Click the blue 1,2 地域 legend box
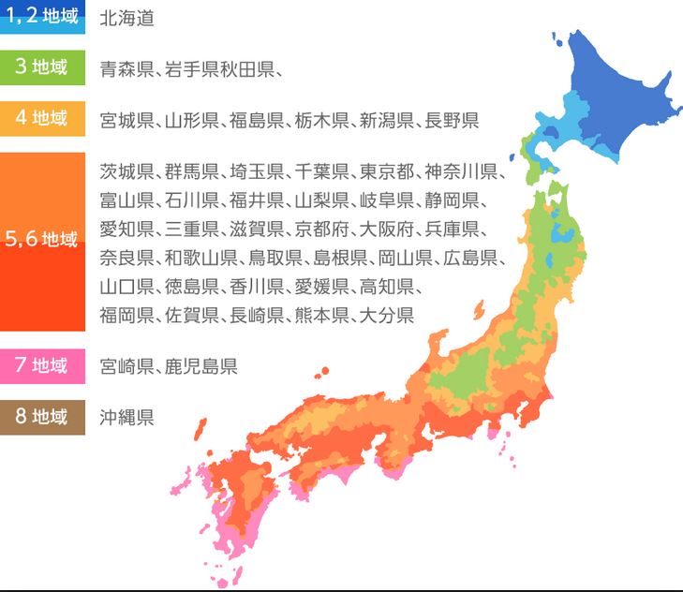point(42,17)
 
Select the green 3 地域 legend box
point(42,67)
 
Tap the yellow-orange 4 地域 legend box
point(42,119)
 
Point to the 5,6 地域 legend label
point(42,239)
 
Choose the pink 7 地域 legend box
point(42,365)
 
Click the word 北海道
point(126,18)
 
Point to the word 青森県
point(126,68)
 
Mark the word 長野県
point(452,120)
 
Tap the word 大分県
point(387,315)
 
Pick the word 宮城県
point(126,120)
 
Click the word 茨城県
point(126,171)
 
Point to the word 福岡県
point(126,315)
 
